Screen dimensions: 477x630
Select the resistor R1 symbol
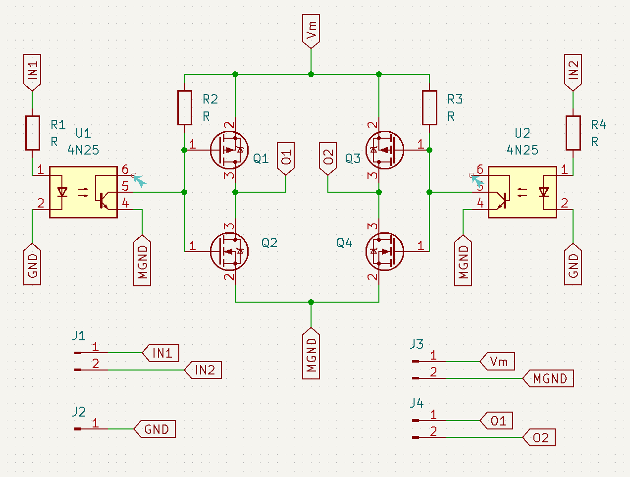tap(32, 133)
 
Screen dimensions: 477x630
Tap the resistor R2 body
tap(184, 107)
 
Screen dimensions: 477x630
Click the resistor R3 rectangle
tap(429, 107)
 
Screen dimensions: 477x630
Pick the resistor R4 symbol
tap(573, 133)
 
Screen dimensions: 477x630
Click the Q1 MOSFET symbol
tap(229, 150)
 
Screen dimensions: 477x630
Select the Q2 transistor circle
tap(229, 251)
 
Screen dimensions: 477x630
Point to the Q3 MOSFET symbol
tap(385, 150)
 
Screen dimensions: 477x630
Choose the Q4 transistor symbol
tap(385, 251)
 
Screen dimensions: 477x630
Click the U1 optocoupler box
tap(83, 192)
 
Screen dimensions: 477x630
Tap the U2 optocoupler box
tap(522, 192)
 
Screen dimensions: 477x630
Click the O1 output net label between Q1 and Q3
tap(286, 158)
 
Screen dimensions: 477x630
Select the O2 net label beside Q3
tap(328, 158)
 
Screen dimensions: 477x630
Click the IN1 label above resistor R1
tap(32, 71)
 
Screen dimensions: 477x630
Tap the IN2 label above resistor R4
tap(573, 71)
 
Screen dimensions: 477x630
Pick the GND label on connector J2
tap(156, 429)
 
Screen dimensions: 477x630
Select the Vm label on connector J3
tap(498, 362)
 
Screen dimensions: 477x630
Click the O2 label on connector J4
tap(540, 438)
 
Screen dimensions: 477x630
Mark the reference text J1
tap(79, 336)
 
